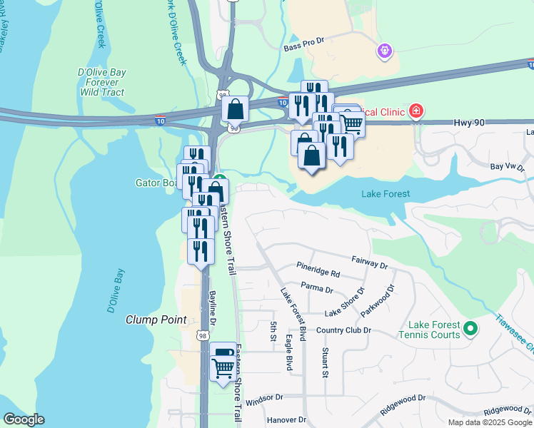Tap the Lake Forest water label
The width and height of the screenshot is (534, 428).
386,193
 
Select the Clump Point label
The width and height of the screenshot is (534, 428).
156,320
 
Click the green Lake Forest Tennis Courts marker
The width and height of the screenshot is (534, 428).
470,329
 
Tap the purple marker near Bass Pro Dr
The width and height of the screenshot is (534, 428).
385,51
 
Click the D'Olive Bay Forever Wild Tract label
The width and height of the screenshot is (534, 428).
101,81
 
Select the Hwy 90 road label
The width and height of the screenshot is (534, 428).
469,123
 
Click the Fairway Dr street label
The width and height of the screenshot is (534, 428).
369,265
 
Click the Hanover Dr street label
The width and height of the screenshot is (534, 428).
286,419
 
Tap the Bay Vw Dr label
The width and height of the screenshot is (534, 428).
507,166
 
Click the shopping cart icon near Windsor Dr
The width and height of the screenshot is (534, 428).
223,368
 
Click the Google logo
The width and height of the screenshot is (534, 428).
24,419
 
